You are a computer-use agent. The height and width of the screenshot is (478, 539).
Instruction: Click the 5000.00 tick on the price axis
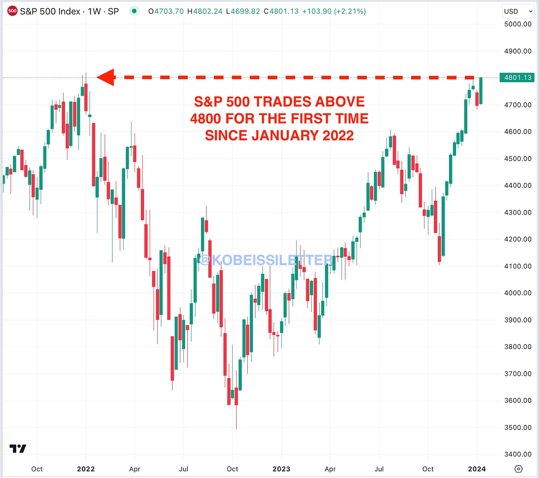pos(518,24)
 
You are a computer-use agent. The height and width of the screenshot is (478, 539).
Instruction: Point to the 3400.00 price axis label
pos(518,454)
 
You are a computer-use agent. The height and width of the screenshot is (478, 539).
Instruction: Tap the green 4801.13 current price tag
pos(517,77)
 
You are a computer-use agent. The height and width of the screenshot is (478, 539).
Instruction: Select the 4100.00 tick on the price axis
pos(518,266)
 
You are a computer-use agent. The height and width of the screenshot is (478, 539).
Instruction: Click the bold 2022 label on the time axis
pos(86,469)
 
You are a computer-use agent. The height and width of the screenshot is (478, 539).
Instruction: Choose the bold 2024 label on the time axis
pos(477,469)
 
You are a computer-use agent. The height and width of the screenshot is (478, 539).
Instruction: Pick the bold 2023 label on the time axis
pos(281,469)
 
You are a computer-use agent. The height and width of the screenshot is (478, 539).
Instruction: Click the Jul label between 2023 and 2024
pos(379,469)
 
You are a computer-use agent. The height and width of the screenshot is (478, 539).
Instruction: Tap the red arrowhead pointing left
pos(106,77)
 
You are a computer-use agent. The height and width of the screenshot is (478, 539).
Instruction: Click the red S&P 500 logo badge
pos(12,11)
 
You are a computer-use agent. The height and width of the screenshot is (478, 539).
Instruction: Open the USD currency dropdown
pos(517,11)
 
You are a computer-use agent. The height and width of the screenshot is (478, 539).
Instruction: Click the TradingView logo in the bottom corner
pos(18,449)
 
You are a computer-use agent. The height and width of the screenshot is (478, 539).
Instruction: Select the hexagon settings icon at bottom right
pos(519,469)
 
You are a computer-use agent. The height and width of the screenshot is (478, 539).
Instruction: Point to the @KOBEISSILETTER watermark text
pos(266,260)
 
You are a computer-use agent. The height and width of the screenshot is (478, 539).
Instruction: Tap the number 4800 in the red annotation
pos(205,119)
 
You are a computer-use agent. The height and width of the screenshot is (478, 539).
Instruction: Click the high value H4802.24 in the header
pos(205,11)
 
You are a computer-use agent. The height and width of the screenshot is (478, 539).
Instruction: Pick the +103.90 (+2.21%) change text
pos(334,11)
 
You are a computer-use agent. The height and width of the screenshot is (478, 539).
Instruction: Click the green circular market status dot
pos(134,11)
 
